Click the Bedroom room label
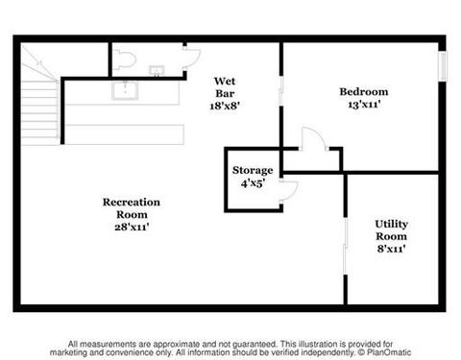click(x=364, y=92)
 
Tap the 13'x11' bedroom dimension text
click(x=364, y=105)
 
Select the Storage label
click(x=253, y=171)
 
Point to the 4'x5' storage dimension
click(x=253, y=183)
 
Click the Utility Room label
click(x=391, y=230)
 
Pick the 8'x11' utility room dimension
click(x=391, y=249)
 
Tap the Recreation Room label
click(x=132, y=208)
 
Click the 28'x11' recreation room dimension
click(x=132, y=227)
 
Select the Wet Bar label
click(x=225, y=87)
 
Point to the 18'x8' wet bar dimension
click(x=225, y=106)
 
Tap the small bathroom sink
click(x=157, y=70)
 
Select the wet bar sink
click(x=125, y=90)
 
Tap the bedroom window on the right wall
click(x=442, y=66)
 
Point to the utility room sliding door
click(x=346, y=246)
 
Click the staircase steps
click(x=39, y=108)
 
